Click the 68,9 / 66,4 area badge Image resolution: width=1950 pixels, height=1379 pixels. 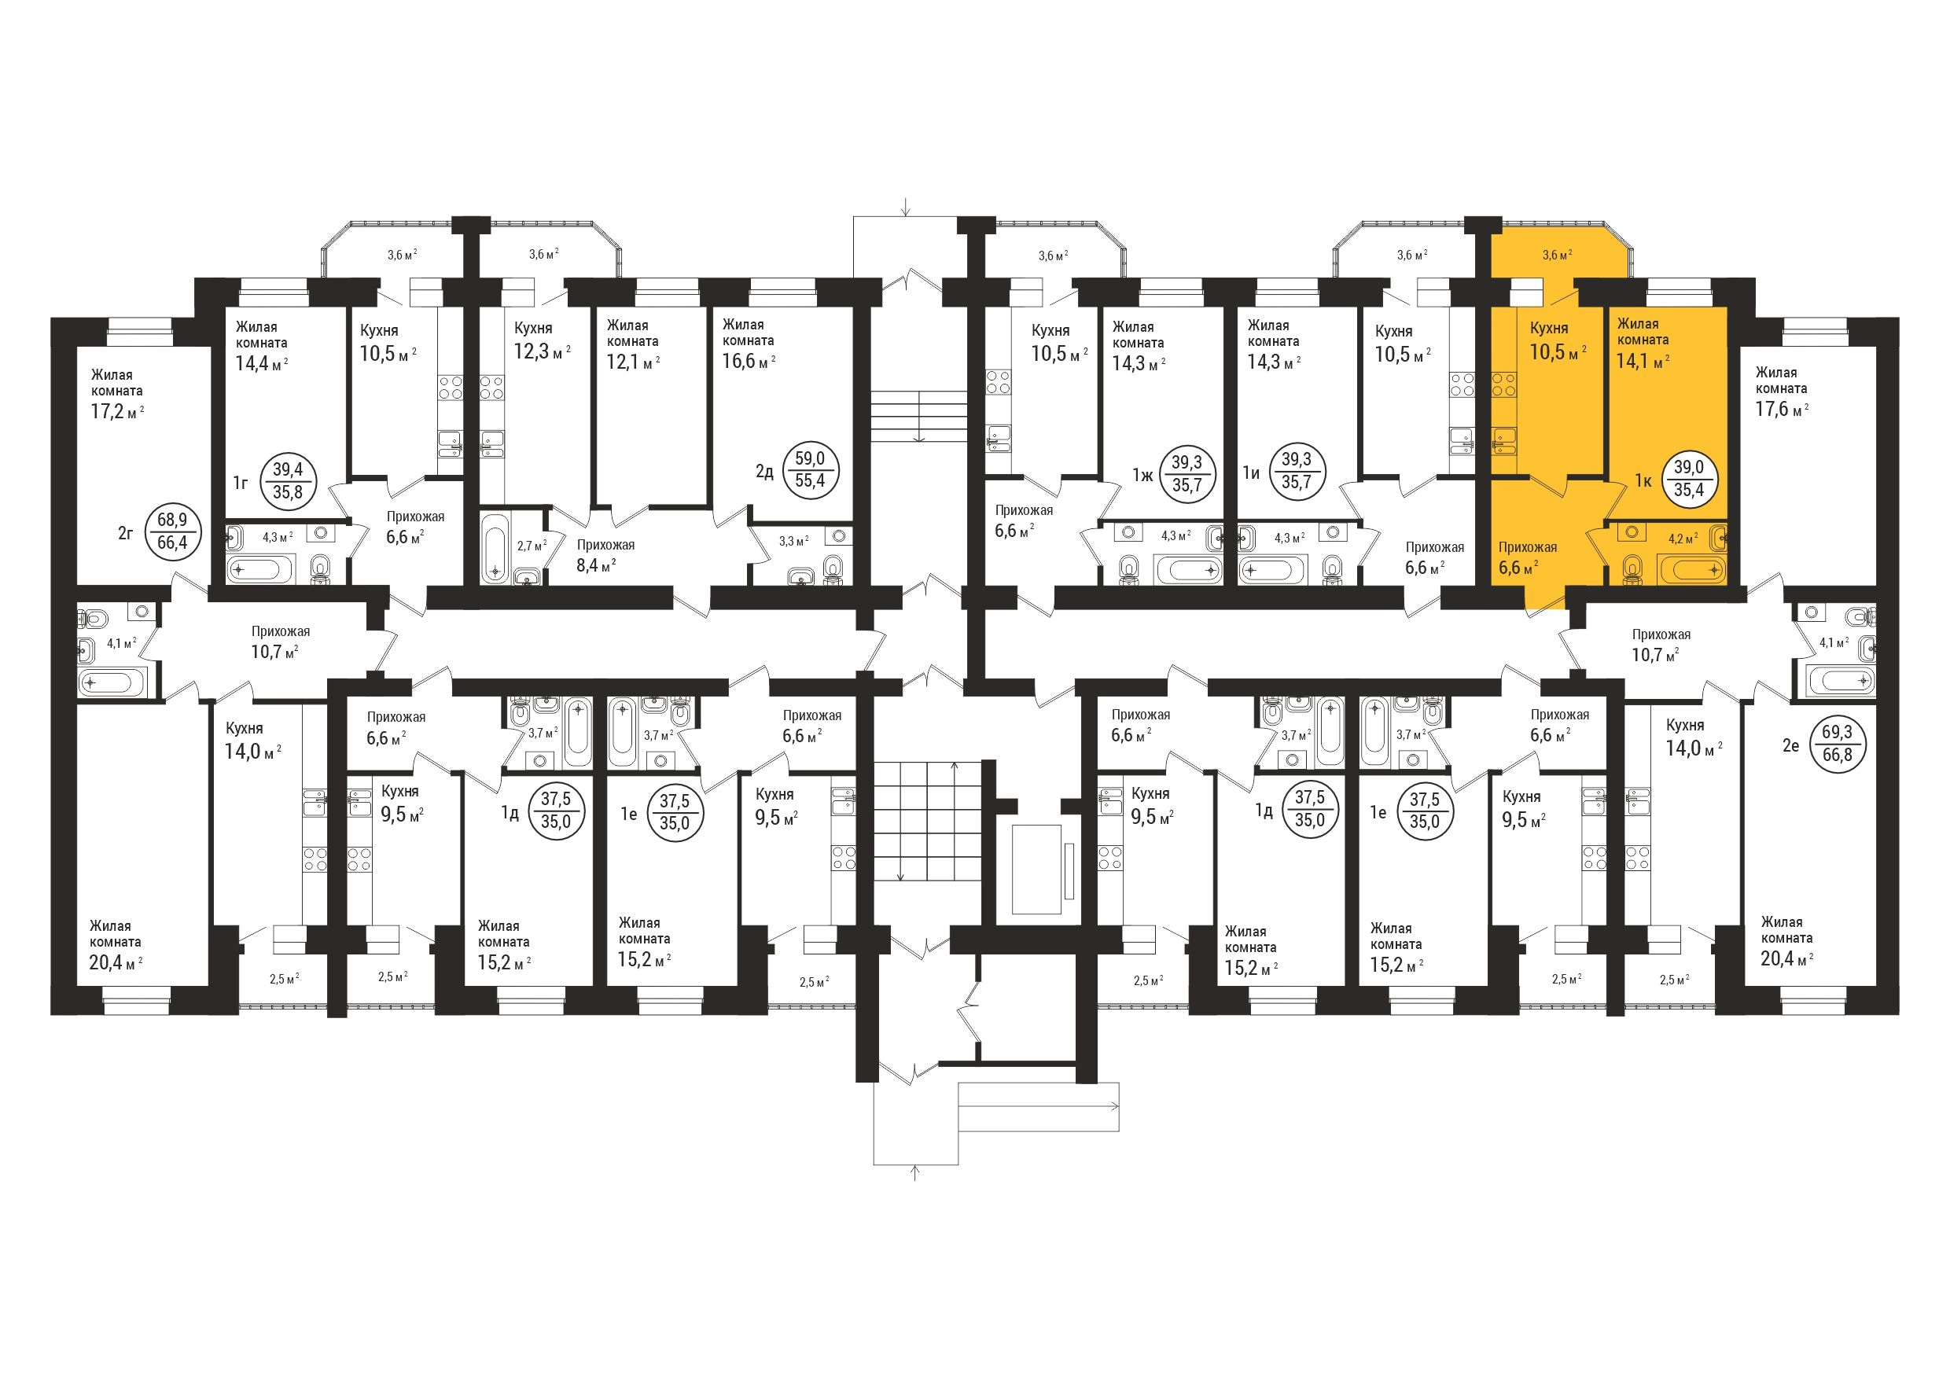(172, 531)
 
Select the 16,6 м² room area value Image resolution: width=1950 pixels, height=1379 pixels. (749, 362)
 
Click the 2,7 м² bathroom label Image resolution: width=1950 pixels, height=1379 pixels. (532, 545)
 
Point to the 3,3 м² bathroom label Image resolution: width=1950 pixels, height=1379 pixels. (793, 541)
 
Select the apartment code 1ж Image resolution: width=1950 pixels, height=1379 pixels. (1142, 475)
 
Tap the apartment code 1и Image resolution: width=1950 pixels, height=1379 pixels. (1251, 473)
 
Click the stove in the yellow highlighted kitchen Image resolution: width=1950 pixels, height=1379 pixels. (1504, 384)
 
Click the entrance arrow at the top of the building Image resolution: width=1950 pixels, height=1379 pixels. (907, 206)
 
